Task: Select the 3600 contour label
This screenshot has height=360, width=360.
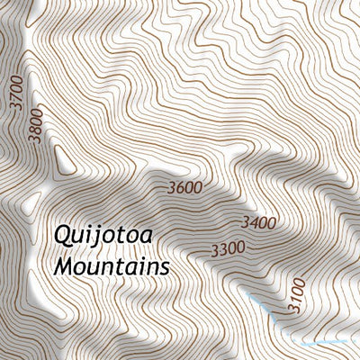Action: click(184, 188)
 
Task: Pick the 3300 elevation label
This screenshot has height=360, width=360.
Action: click(228, 247)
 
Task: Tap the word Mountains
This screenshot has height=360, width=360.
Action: click(112, 267)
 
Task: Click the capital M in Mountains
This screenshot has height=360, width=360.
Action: click(64, 266)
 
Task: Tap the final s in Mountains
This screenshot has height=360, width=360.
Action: click(164, 268)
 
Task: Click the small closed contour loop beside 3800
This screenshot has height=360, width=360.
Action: click(63, 162)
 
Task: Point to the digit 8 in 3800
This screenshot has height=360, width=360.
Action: click(34, 125)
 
